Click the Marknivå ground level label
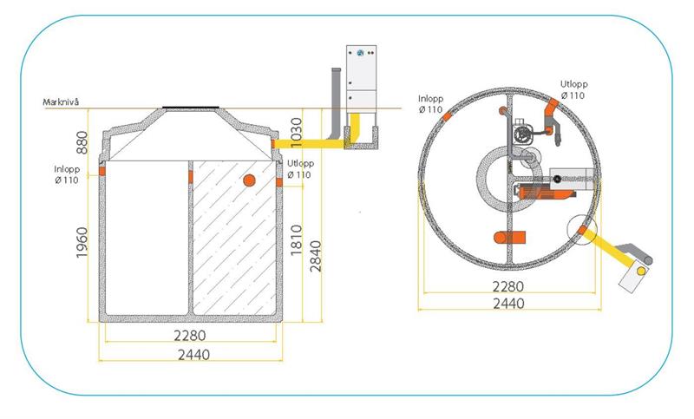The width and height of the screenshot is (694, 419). click(61, 102)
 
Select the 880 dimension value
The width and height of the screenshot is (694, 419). click(82, 142)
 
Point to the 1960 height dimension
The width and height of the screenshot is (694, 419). click(82, 242)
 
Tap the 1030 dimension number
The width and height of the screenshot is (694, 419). click(296, 132)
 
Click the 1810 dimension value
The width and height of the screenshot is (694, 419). click(296, 240)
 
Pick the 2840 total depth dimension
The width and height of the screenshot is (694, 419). click(316, 256)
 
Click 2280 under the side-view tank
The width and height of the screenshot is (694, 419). click(190, 336)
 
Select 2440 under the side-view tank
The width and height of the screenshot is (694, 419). click(193, 355)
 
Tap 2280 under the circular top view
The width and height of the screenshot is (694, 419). click(508, 287)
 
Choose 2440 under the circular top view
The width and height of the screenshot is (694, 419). click(508, 304)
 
